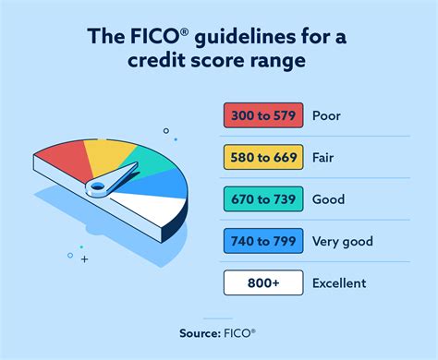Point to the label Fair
point(326,158)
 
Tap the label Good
point(329,199)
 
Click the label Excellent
point(340,283)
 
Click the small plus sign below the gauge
point(86,260)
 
